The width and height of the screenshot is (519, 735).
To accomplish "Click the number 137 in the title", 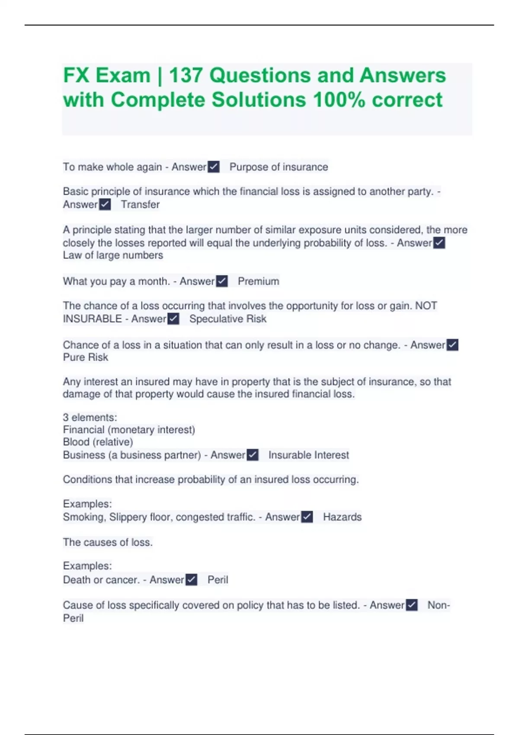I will tap(186, 76).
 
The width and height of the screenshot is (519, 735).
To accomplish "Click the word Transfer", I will tap(140, 205).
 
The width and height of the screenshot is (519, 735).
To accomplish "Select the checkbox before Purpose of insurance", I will tap(214, 167).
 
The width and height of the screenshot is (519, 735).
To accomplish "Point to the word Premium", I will tap(258, 281).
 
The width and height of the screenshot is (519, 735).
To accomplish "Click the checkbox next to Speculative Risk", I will tap(173, 319).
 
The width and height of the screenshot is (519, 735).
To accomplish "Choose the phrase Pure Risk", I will tap(86, 358).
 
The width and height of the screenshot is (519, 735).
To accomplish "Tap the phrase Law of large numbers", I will tap(113, 256).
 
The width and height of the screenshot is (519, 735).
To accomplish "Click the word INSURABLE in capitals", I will tap(92, 319).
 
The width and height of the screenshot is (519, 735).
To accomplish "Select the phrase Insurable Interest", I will tap(308, 455).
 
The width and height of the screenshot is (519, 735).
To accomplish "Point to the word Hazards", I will tap(342, 517).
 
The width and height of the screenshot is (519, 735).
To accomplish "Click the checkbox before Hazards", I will tap(307, 517).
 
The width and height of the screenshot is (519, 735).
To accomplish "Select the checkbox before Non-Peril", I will tap(412, 605).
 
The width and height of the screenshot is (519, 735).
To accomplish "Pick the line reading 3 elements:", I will tap(90, 418).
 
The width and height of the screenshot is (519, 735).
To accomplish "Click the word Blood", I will tap(77, 442).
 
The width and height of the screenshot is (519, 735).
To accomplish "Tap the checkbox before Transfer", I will tap(105, 205).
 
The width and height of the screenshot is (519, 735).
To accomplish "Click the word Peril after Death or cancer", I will tap(218, 580).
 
